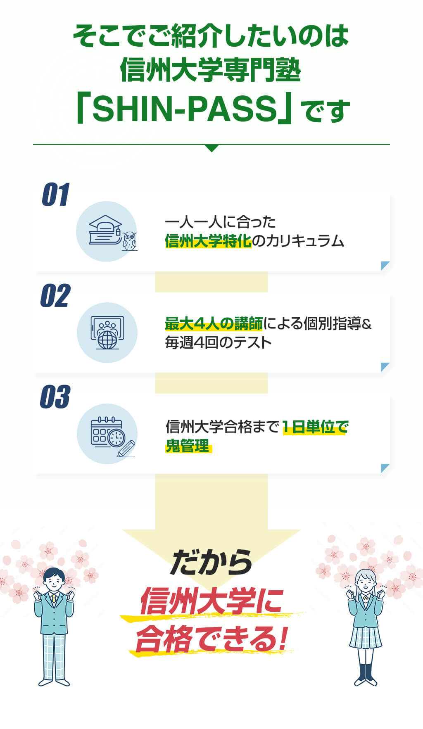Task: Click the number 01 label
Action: click(x=55, y=195)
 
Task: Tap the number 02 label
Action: click(x=55, y=296)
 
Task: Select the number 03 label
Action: click(x=55, y=397)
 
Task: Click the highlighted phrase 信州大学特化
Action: click(x=208, y=241)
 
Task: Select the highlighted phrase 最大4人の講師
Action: click(x=214, y=324)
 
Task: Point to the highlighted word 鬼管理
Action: click(x=188, y=446)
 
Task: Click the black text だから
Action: click(x=211, y=562)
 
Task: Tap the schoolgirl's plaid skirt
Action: click(x=365, y=637)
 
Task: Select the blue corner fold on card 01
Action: click(x=385, y=266)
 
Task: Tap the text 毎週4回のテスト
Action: click(x=218, y=342)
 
